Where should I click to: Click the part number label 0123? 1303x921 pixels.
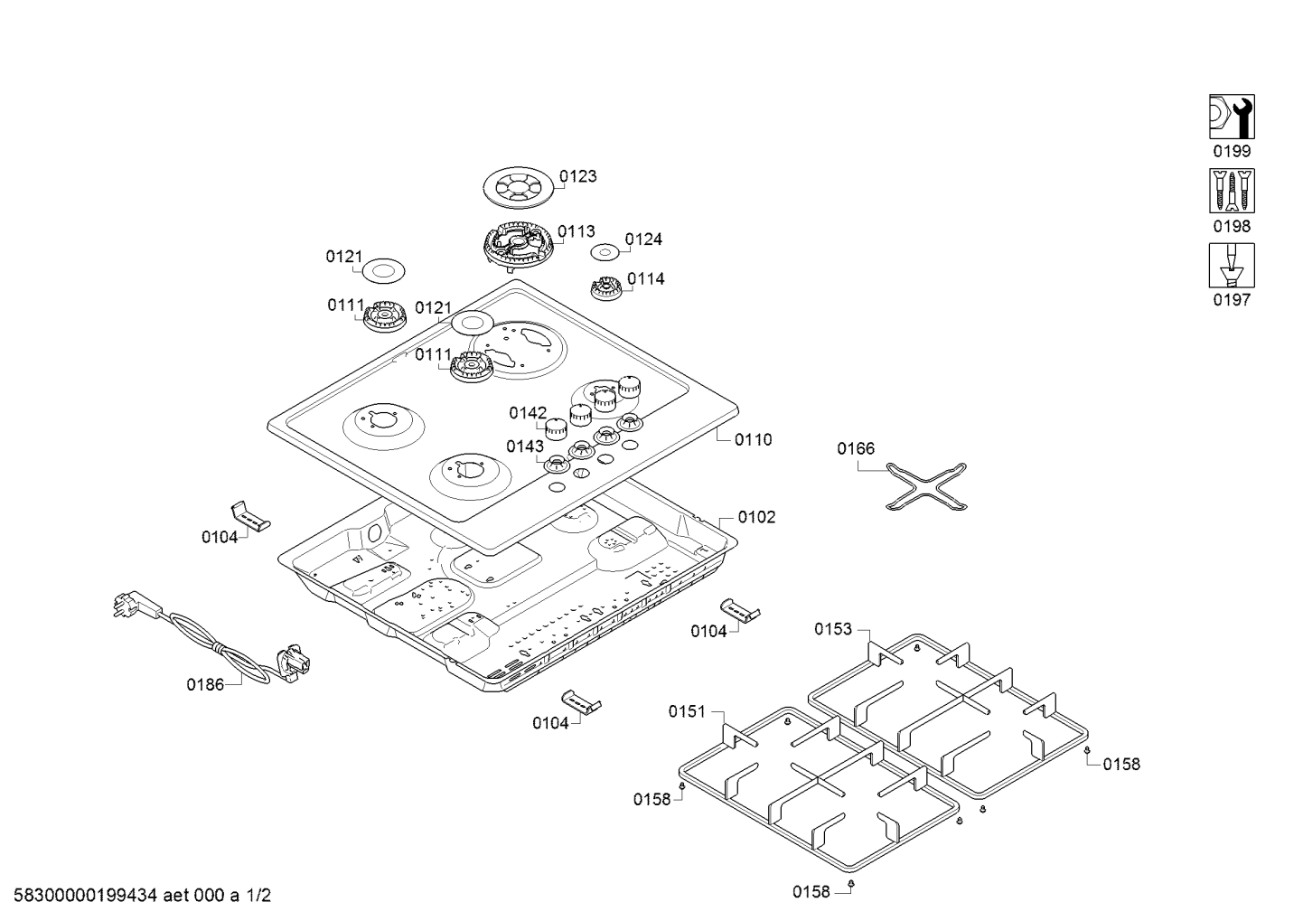577,176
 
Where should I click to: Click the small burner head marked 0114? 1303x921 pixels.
605,289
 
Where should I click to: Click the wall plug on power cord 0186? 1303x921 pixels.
126,604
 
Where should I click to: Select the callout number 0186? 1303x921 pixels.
205,684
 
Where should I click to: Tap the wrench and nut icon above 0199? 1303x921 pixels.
1232,117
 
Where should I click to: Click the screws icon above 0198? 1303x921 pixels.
1232,191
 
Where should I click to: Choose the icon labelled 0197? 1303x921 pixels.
1232,265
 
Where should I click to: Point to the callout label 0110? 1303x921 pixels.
753,440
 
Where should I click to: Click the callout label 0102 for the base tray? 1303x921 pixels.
756,517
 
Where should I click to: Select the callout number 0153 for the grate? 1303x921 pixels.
833,629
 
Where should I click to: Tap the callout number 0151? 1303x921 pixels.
687,711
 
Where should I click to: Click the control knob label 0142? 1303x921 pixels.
528,413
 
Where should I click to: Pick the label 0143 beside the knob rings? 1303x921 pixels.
525,446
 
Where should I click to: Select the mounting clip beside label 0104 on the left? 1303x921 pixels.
250,516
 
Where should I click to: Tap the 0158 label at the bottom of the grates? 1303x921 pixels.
811,892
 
